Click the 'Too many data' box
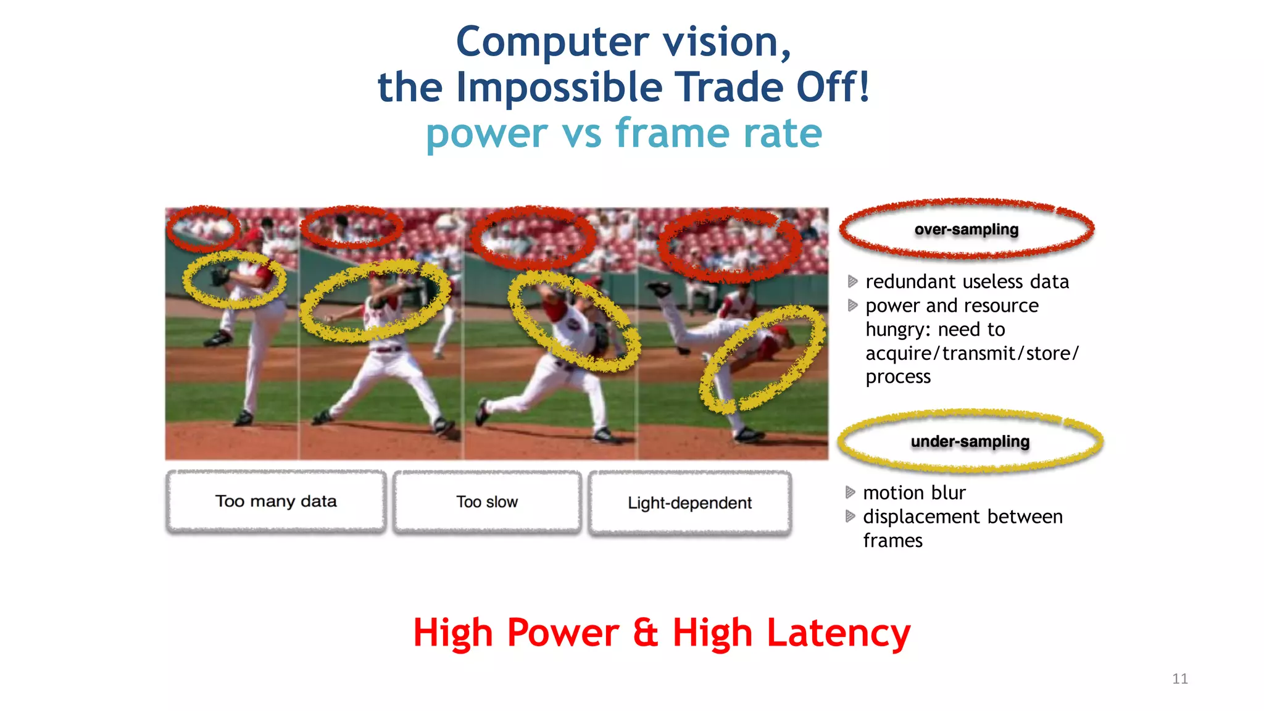pyautogui.click(x=276, y=501)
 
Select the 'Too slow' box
pyautogui.click(x=487, y=502)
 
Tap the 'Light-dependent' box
pyautogui.click(x=689, y=503)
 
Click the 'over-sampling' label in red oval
pyautogui.click(x=967, y=230)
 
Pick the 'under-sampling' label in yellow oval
pyautogui.click(x=970, y=442)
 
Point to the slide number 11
pyautogui.click(x=1179, y=679)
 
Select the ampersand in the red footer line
pyautogui.click(x=645, y=633)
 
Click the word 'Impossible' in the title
pyautogui.click(x=559, y=87)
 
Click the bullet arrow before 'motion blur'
pyautogui.click(x=850, y=493)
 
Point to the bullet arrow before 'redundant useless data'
pyautogui.click(x=852, y=281)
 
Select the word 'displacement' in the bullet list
pyautogui.click(x=921, y=517)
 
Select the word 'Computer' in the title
pyautogui.click(x=552, y=42)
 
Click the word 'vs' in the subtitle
pyautogui.click(x=581, y=133)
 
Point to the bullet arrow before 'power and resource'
pyautogui.click(x=852, y=306)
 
